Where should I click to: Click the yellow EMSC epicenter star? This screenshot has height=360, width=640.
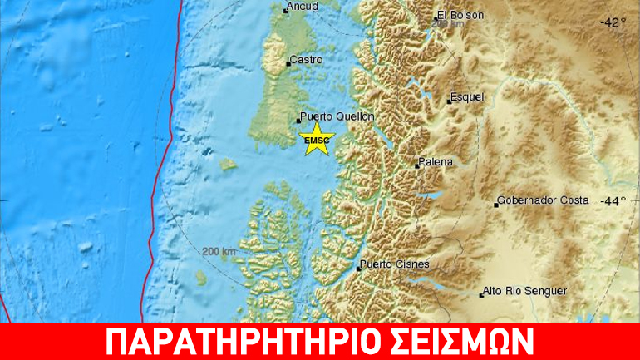point(317,139)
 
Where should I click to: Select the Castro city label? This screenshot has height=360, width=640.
point(307,60)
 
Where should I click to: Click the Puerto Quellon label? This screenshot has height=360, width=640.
point(337,117)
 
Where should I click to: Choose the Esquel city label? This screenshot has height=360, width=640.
point(467,97)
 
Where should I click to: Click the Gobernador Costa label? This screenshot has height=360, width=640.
point(544,200)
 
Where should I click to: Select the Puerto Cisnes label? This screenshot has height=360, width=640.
point(395,265)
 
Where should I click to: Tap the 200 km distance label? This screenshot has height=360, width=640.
point(219,251)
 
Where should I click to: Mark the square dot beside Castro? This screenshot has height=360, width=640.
point(288,62)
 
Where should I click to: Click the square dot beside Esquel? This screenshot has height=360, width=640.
point(449,101)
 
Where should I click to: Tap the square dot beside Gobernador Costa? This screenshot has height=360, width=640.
point(496,205)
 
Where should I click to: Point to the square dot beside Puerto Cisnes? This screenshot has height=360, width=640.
point(358,269)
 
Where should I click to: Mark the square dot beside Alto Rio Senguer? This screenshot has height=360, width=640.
point(481,294)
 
